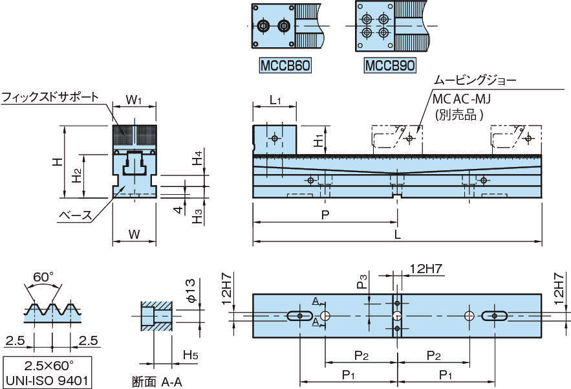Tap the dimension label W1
134,100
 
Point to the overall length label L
398,235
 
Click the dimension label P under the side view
325,215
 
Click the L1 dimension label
275,100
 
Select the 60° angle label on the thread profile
43,277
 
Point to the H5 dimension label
190,354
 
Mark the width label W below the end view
134,234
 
